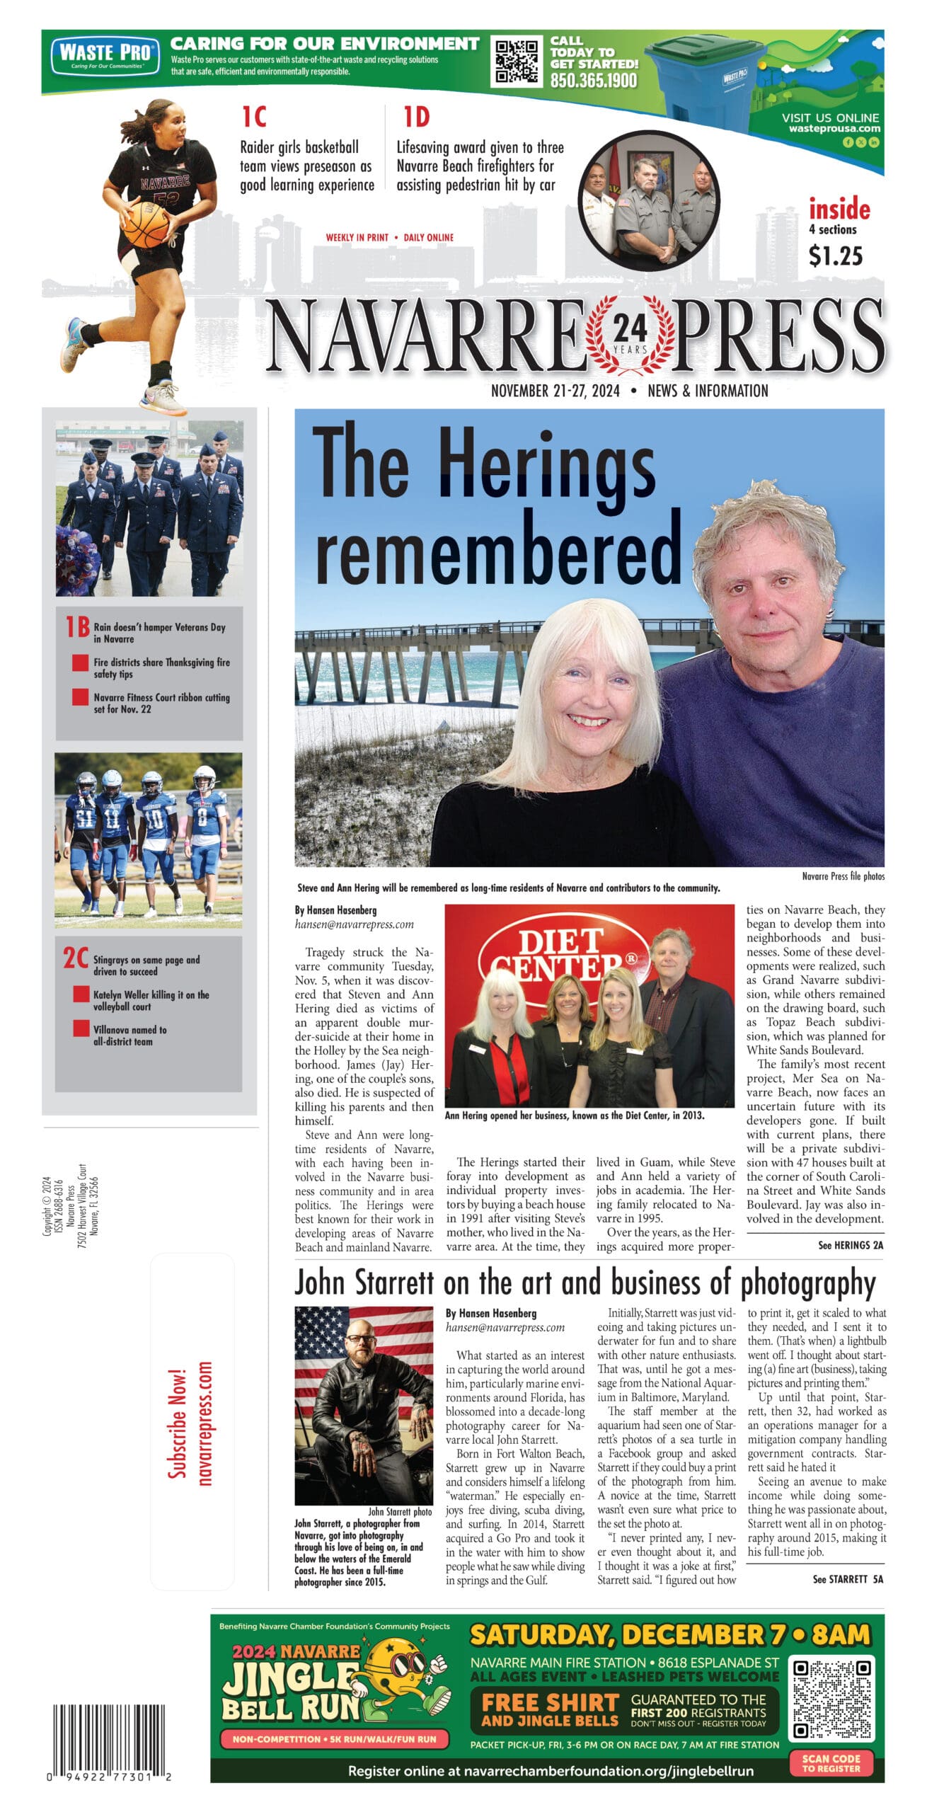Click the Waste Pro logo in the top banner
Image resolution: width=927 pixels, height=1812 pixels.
(105, 56)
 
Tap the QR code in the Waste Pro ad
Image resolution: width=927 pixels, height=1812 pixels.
(516, 62)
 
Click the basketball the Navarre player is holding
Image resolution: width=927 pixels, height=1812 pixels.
(146, 224)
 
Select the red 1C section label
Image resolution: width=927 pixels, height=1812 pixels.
(254, 117)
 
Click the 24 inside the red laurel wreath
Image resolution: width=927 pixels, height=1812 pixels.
(630, 328)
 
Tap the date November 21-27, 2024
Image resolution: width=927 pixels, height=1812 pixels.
(555, 391)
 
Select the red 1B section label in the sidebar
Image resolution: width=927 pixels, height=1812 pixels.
(77, 627)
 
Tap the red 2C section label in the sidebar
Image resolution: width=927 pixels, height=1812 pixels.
(76, 958)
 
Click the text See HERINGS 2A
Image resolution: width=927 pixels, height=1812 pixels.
(850, 1245)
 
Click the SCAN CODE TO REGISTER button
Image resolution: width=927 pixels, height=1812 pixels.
(831, 1762)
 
